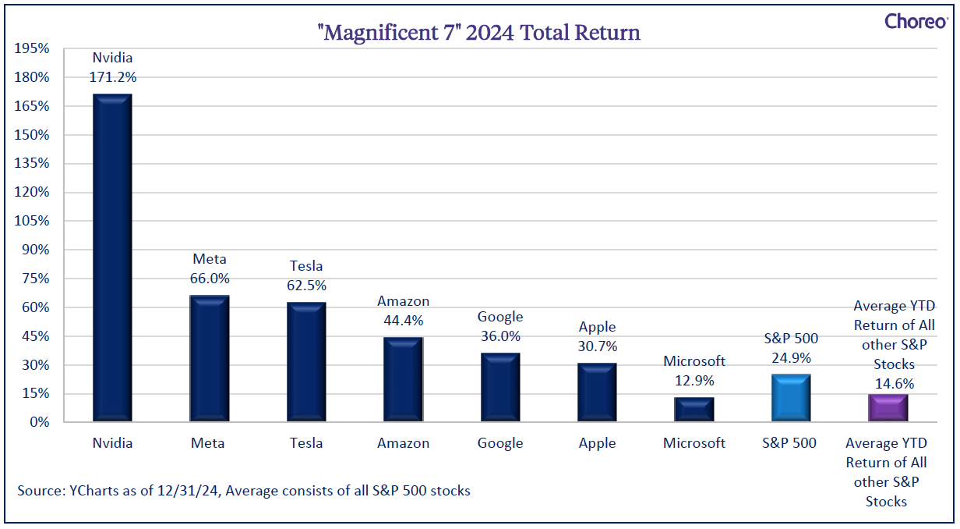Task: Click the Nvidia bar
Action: click(112, 257)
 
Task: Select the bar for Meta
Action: click(210, 358)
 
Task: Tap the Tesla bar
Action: click(306, 362)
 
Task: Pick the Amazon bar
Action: click(404, 379)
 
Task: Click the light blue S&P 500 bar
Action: click(791, 398)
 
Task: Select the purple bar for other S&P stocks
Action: click(888, 407)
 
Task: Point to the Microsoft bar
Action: click(694, 410)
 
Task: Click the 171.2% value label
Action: click(113, 77)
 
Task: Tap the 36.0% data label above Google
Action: click(500, 336)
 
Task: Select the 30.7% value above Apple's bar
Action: click(598, 346)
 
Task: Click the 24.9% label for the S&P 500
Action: click(791, 357)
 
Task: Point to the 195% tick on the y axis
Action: click(32, 48)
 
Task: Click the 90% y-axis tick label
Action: click(36, 250)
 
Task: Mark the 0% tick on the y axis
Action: click(40, 422)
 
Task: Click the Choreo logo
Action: click(916, 21)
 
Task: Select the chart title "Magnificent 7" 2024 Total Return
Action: click(478, 33)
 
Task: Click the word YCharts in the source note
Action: click(94, 491)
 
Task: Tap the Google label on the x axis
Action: click(500, 443)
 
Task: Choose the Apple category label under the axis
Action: click(597, 443)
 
